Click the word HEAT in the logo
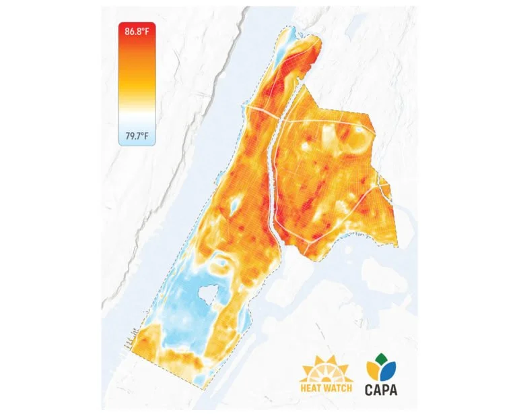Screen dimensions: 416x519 tap(313, 388)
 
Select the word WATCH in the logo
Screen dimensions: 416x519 tap(339, 388)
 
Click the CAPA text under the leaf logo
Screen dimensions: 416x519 tap(381, 389)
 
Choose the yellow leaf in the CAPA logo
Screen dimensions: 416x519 tap(372, 368)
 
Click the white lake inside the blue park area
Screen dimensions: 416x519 tap(209, 293)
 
